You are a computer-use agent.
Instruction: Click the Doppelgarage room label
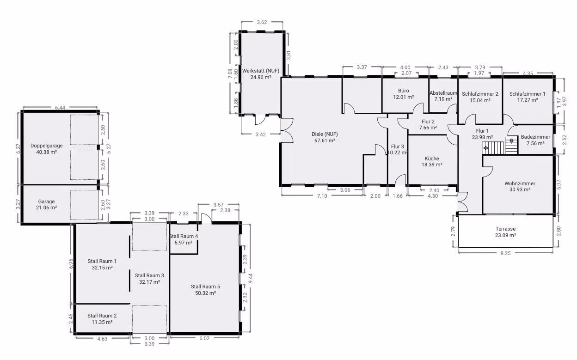(46, 146)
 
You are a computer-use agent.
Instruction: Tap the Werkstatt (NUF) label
(261, 71)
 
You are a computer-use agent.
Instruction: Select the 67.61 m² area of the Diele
(325, 140)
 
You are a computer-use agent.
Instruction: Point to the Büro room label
(403, 91)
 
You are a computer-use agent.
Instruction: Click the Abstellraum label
(443, 93)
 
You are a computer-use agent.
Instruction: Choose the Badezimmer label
(535, 137)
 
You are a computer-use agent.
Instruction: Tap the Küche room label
(432, 159)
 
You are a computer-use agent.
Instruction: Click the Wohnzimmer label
(520, 183)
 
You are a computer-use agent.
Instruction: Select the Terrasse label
(505, 229)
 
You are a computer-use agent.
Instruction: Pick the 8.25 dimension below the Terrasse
(505, 253)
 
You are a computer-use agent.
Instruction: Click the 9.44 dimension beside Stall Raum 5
(251, 278)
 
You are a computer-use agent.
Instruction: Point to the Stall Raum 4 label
(184, 237)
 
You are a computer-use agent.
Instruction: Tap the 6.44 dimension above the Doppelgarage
(60, 108)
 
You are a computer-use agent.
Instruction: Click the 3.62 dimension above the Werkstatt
(262, 22)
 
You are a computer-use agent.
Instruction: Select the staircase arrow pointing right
(486, 148)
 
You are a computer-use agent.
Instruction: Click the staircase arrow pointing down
(511, 141)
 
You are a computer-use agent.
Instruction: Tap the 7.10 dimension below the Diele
(322, 196)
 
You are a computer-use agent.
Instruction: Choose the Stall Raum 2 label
(102, 316)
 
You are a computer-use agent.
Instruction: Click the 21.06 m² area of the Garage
(46, 207)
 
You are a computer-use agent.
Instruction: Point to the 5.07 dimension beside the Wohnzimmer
(559, 184)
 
